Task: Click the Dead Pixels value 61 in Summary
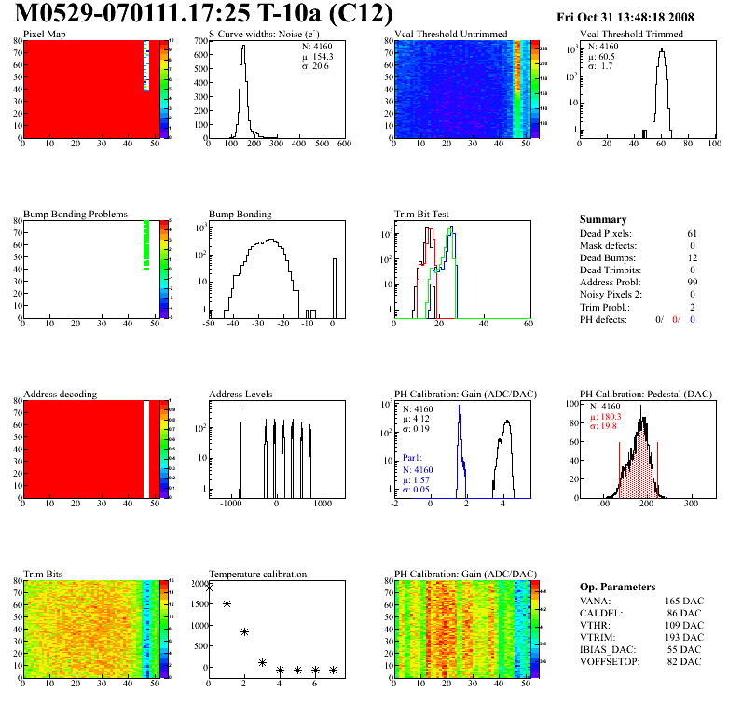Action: (x=692, y=233)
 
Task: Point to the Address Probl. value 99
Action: (x=692, y=282)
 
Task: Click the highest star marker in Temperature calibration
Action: (x=209, y=588)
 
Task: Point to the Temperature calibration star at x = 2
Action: (x=244, y=631)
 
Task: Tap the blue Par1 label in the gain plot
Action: (x=413, y=459)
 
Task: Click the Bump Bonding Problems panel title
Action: (x=75, y=215)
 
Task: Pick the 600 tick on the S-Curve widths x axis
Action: (x=343, y=145)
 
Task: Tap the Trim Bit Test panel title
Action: (x=422, y=215)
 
